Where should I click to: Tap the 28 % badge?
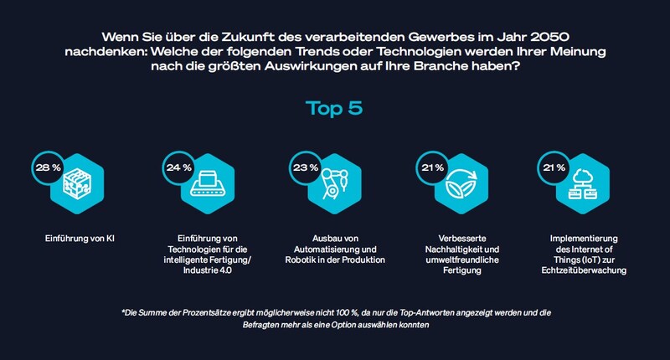(45, 167)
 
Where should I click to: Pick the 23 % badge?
(303, 167)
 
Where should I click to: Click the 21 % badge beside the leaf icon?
(432, 167)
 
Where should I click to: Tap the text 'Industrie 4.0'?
(204, 269)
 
